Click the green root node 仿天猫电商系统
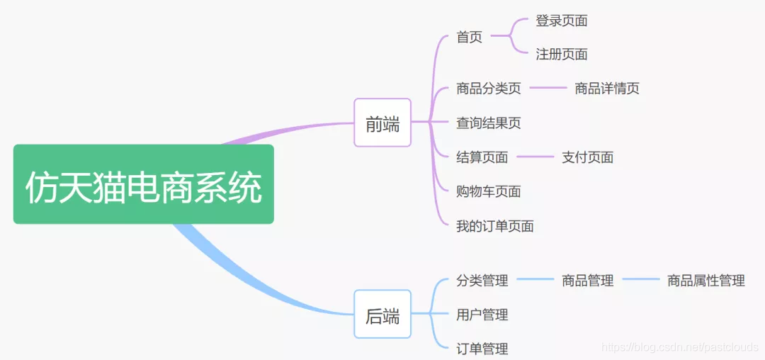(143, 184)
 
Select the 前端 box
(382, 123)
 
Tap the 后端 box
(382, 314)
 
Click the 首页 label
(470, 37)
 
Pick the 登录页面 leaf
(562, 21)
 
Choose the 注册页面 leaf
(562, 54)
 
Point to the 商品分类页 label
(489, 89)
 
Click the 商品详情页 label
(607, 89)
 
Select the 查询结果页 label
(489, 123)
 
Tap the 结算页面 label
(482, 157)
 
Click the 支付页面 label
(587, 157)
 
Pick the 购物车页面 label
(489, 191)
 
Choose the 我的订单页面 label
(495, 226)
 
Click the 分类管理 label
(482, 281)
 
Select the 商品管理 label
(587, 281)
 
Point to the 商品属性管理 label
(706, 281)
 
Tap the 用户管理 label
(482, 315)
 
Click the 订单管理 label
(482, 349)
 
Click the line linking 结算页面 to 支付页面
(535, 157)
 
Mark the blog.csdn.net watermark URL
(680, 347)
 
